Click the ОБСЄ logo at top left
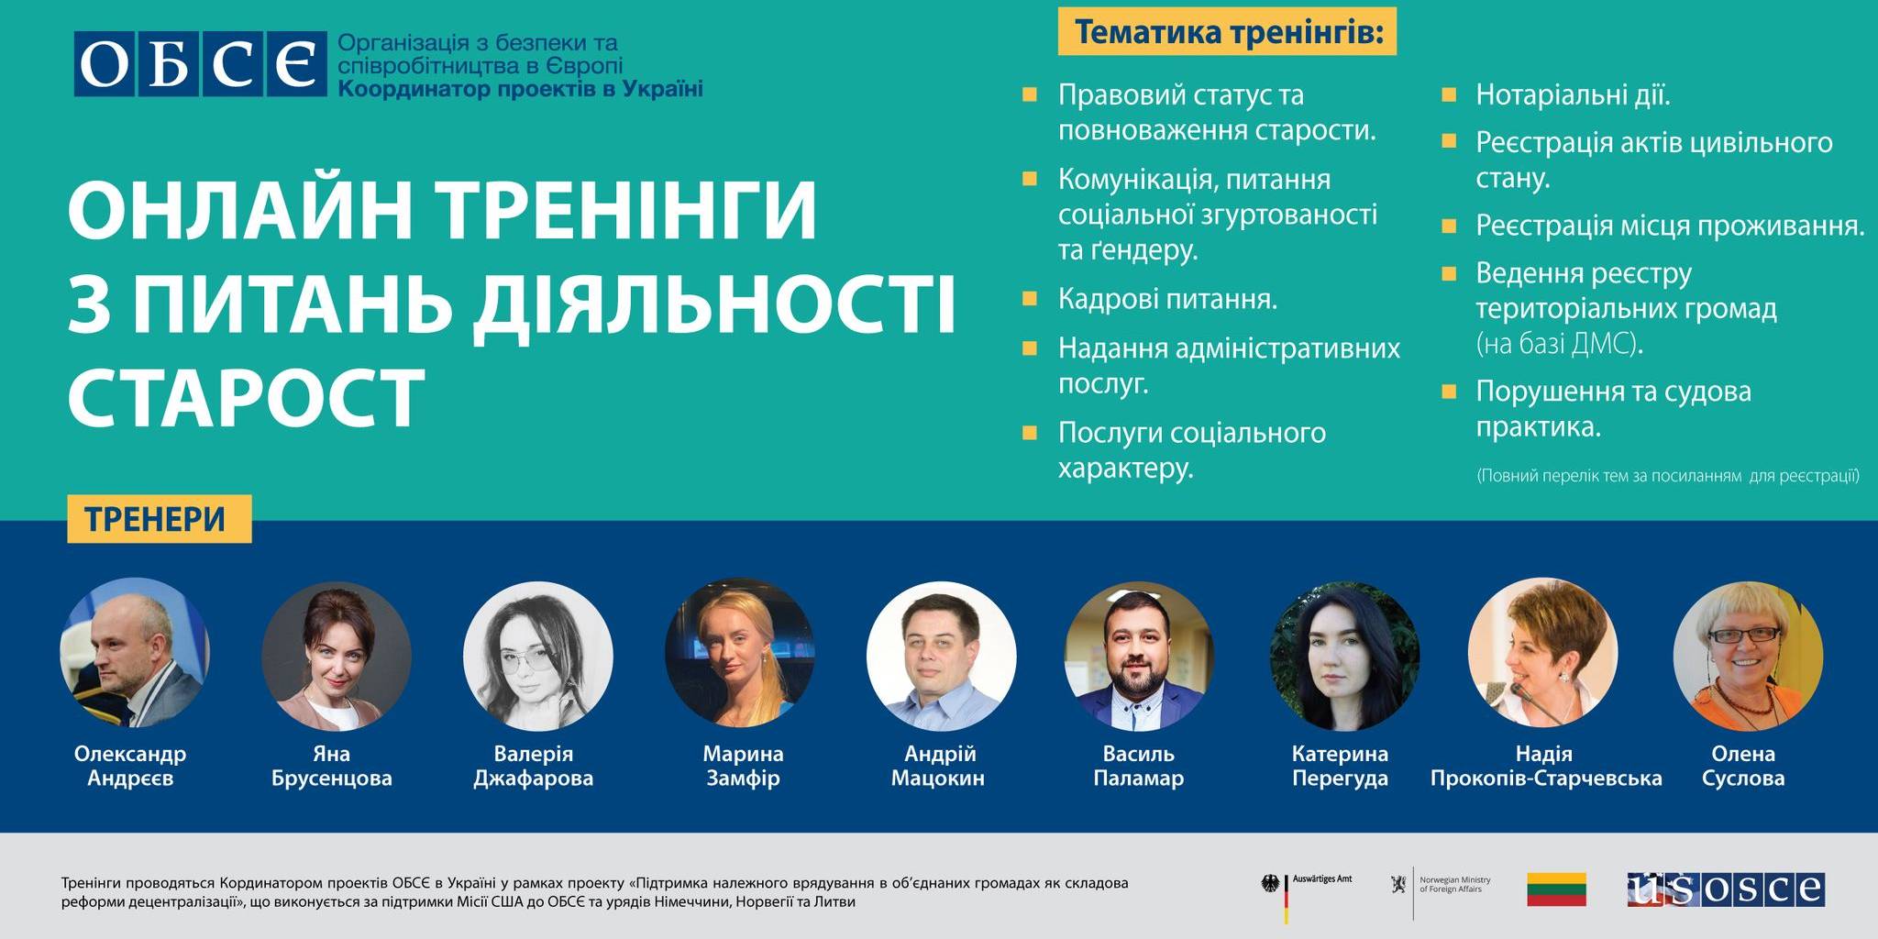click(200, 64)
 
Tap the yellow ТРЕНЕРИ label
click(159, 519)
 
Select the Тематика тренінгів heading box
click(1227, 32)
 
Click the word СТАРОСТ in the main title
click(247, 397)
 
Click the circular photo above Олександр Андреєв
click(135, 653)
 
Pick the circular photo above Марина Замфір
click(740, 653)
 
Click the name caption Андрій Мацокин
click(939, 766)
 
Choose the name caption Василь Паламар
click(1139, 766)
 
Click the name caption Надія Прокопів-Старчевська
click(1546, 766)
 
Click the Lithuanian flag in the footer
click(1556, 889)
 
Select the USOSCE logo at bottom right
click(1726, 889)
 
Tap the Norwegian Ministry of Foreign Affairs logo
click(1440, 886)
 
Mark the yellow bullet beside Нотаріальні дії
click(1449, 94)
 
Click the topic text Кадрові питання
click(1167, 299)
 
